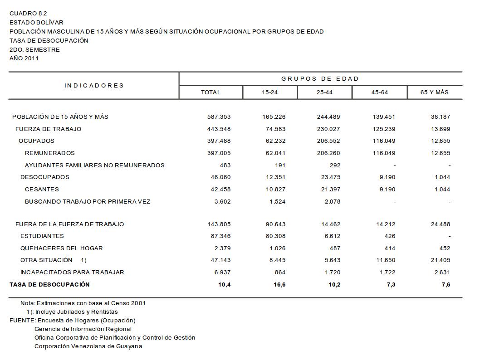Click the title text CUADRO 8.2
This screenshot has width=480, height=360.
coord(28,14)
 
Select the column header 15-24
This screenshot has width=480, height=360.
coord(269,92)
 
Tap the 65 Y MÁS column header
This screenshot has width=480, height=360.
coord(434,92)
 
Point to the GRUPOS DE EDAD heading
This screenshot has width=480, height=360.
coord(320,79)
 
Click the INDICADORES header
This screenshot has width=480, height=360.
coord(94,86)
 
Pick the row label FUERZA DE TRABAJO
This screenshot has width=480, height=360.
coord(48,129)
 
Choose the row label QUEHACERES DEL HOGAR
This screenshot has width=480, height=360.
coord(62,248)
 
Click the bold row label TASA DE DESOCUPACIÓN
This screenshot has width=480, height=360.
coord(50,285)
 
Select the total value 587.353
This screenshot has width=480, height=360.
coord(219,117)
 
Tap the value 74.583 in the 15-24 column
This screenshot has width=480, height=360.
coord(276,129)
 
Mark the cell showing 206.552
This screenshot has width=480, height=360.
coord(328,141)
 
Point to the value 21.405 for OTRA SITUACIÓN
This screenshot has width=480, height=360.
coord(441,260)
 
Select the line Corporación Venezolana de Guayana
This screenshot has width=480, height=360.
coord(88,346)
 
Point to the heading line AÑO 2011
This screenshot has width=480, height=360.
coord(24,58)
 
